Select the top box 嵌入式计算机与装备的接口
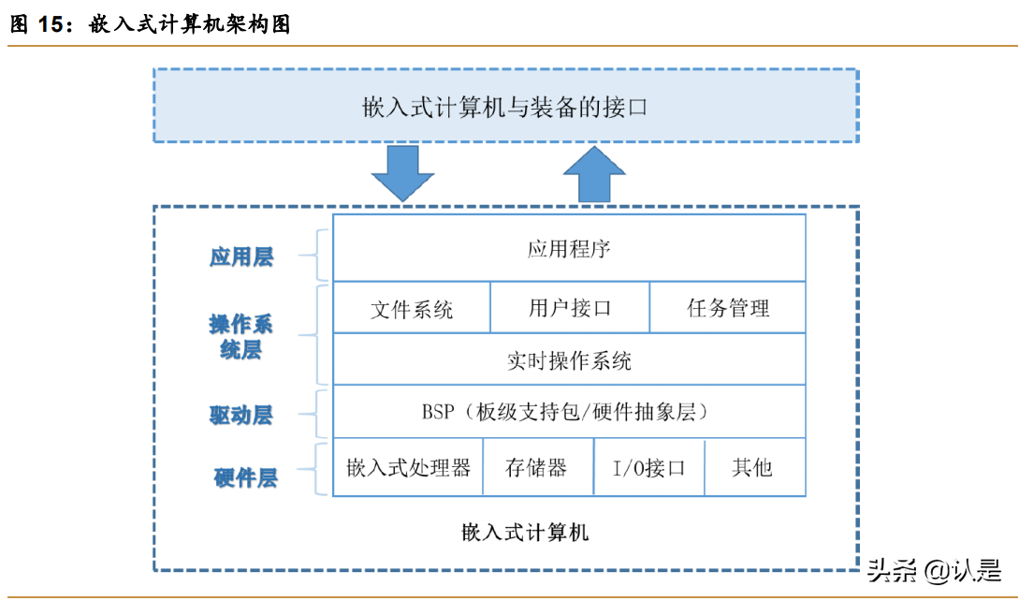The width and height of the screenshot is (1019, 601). tap(505, 106)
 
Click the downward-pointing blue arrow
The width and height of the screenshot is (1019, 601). tap(402, 173)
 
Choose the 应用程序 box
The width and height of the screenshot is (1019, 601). tap(569, 248)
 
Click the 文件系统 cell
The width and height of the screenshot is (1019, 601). tap(412, 308)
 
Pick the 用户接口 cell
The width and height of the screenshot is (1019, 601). tap(569, 308)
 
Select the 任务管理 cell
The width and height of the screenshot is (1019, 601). tap(727, 308)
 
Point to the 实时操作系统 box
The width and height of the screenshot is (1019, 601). tap(569, 359)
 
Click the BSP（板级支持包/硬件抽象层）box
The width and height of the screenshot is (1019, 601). tap(569, 412)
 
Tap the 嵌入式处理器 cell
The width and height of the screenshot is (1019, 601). tap(408, 467)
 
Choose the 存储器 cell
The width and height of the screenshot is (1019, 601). tap(537, 467)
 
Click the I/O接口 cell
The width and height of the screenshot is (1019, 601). tap(648, 467)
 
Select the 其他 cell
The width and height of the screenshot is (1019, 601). tap(753, 467)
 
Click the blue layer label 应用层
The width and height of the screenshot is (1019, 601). tap(241, 257)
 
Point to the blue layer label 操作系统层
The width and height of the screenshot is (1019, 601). tap(240, 337)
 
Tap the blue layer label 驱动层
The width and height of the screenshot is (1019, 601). tap(240, 415)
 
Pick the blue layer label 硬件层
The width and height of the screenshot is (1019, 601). tap(245, 478)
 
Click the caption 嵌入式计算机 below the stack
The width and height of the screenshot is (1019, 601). tap(525, 533)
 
